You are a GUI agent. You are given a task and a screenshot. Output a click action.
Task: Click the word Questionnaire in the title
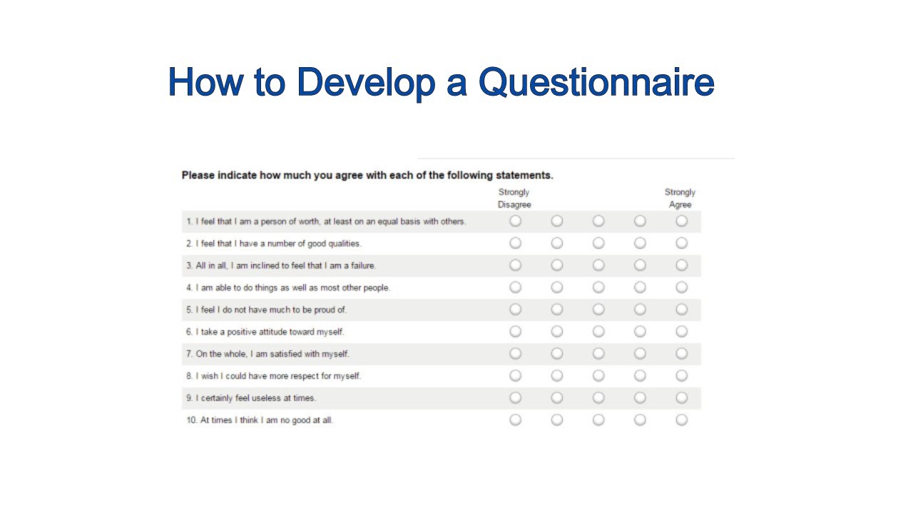596,82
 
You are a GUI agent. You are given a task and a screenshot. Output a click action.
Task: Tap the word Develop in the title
365,82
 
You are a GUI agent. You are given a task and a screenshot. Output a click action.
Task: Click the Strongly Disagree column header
514,198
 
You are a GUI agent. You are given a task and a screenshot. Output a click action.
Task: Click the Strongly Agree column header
680,198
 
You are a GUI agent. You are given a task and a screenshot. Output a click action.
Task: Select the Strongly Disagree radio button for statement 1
516,221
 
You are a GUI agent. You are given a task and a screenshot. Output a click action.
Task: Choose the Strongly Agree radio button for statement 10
682,420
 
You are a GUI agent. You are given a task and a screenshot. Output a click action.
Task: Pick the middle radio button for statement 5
598,310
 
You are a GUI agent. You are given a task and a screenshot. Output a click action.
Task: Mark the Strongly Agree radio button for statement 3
682,266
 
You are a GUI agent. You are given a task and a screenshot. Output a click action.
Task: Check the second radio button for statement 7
557,354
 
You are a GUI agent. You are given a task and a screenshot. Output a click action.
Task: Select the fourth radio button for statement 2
640,243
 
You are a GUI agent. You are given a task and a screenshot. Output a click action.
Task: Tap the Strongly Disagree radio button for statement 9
516,398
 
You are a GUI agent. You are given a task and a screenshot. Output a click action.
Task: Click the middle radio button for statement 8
598,376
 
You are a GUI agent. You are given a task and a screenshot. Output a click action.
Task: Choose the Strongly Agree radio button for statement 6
682,332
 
